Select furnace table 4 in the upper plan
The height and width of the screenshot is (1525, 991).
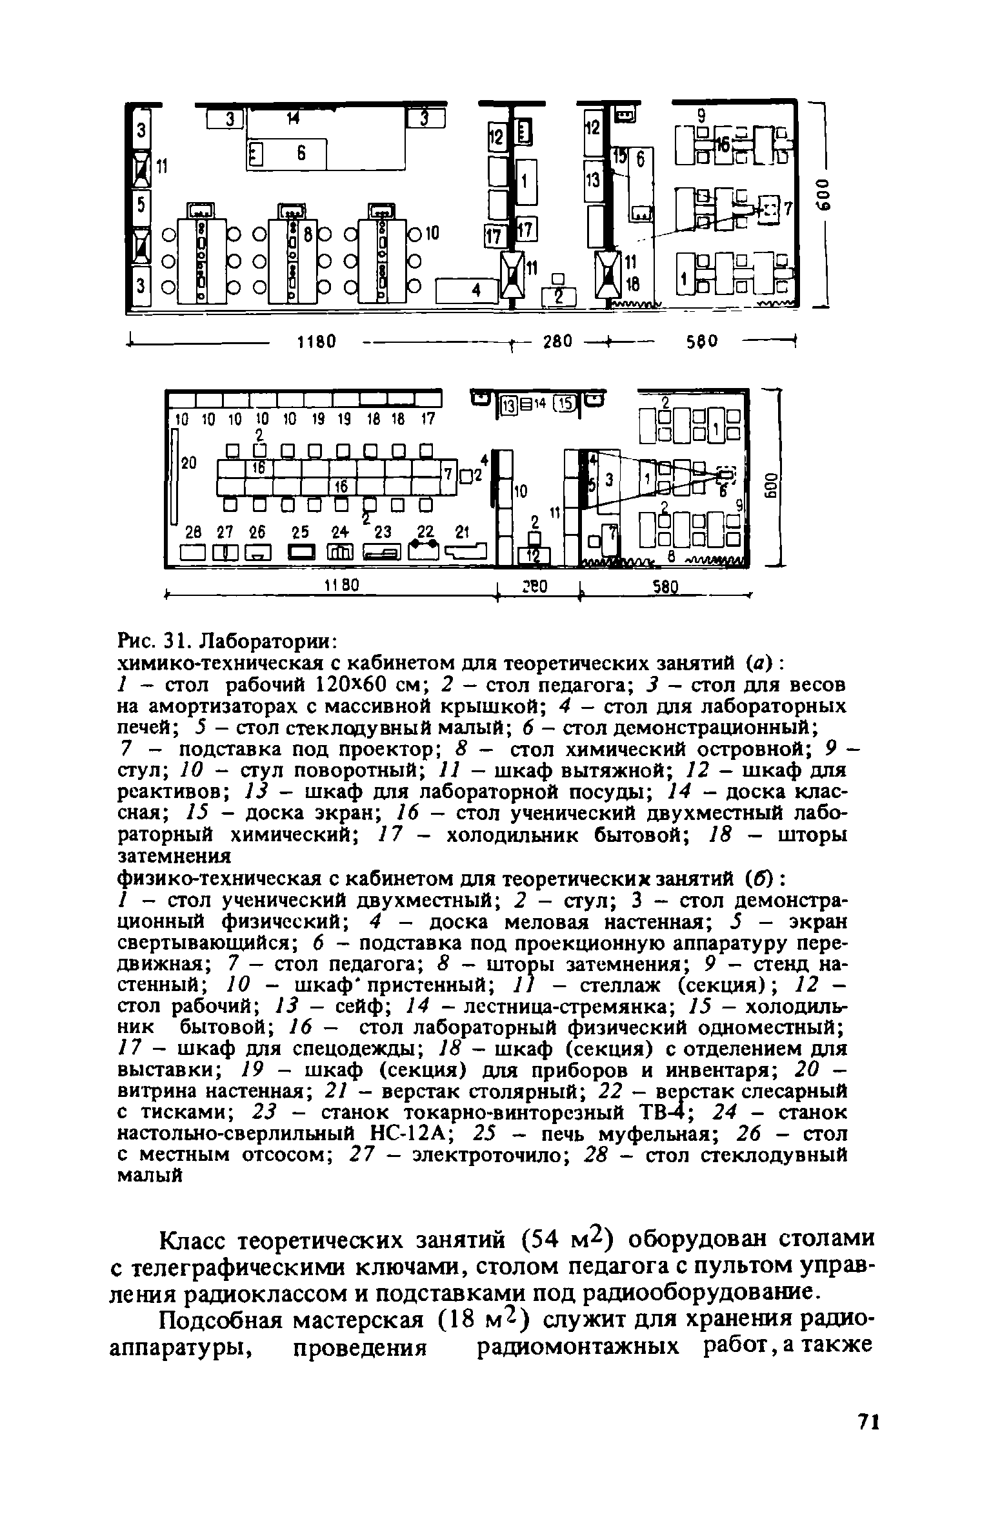click(x=468, y=290)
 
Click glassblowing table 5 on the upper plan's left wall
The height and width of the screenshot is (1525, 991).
click(x=141, y=206)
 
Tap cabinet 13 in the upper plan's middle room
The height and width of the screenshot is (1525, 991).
click(x=592, y=181)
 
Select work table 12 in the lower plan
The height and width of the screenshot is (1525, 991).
click(x=534, y=555)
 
